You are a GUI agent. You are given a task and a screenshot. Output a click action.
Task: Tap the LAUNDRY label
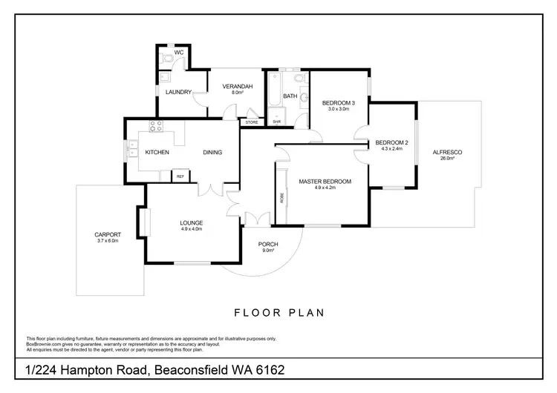click(x=179, y=92)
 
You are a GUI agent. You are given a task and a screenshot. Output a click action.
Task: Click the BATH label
click(x=290, y=96)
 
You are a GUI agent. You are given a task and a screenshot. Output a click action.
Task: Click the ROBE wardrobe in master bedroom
click(x=282, y=197)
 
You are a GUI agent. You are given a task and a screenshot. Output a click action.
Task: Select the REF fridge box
click(x=180, y=176)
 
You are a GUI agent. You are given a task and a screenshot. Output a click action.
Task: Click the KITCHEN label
click(x=157, y=152)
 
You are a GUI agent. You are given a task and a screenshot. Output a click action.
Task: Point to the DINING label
click(x=212, y=152)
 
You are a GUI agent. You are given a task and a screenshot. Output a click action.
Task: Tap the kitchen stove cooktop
click(x=156, y=125)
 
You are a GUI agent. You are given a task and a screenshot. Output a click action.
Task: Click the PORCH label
click(x=268, y=245)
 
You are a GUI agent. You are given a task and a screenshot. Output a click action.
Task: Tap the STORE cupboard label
click(x=252, y=122)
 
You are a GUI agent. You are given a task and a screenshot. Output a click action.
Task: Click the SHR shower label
click(x=276, y=122)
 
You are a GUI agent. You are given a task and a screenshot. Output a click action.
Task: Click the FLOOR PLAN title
click(x=278, y=312)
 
